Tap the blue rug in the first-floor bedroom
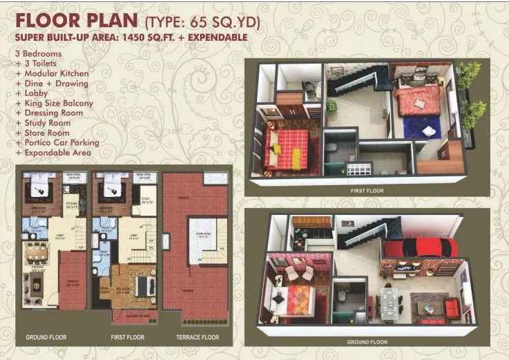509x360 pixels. [422, 127]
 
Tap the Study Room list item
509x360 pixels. [46, 123]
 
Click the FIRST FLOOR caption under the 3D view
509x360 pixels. [367, 190]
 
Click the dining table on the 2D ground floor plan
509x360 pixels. [36, 254]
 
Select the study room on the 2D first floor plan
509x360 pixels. [144, 205]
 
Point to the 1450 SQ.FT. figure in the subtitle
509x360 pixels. [153, 37]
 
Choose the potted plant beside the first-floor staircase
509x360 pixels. [332, 107]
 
